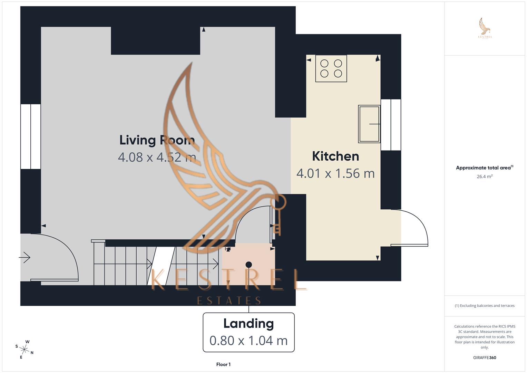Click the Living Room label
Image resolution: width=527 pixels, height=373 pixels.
157,140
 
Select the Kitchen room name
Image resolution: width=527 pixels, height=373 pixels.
335,156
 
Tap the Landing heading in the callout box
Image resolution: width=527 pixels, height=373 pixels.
248,324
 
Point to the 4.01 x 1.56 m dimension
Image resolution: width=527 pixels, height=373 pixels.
335,173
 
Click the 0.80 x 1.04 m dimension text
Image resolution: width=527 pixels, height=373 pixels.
248,341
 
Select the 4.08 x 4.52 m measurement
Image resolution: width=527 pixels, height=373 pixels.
157,157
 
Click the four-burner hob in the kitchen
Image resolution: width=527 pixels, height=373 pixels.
331,68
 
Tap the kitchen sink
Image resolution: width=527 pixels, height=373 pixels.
369,124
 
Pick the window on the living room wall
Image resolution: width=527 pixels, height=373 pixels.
31,136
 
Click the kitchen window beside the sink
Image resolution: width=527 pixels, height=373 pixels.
391,125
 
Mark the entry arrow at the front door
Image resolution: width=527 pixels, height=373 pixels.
25,257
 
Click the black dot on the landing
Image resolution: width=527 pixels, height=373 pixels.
248,265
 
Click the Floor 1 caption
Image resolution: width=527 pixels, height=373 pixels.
223,364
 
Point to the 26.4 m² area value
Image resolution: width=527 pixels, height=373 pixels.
484,176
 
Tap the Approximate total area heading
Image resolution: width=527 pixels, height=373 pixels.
484,168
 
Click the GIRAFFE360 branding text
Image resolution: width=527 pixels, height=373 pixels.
484,357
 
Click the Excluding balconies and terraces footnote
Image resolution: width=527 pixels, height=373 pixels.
484,306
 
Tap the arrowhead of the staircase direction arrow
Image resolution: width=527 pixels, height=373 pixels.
216,264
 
